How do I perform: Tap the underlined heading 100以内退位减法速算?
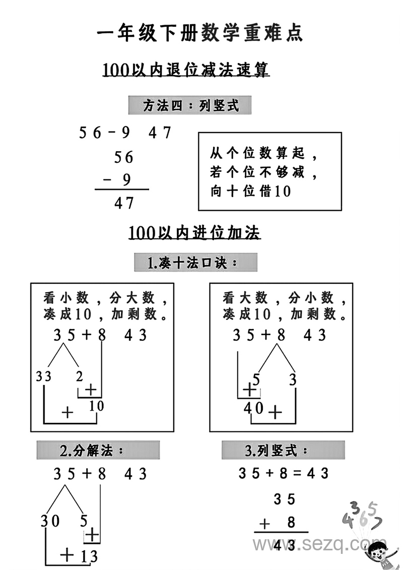[x=186, y=70]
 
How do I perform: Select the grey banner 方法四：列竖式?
[x=190, y=106]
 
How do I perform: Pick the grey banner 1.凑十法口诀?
[x=195, y=263]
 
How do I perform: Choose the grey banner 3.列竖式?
[x=283, y=450]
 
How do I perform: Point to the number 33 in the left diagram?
[x=44, y=376]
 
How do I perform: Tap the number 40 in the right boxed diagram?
[x=253, y=409]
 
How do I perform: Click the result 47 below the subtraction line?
[x=124, y=203]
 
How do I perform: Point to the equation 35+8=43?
[x=283, y=473]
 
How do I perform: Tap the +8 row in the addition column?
[x=278, y=523]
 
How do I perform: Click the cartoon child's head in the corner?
[x=377, y=552]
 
